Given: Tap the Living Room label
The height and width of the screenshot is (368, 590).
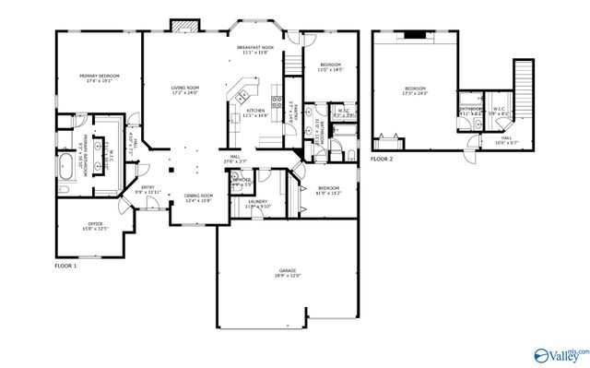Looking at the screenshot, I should (185, 89).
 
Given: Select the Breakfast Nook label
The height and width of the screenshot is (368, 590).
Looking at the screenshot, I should (254, 48).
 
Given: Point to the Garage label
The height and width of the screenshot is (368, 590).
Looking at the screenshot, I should (287, 271).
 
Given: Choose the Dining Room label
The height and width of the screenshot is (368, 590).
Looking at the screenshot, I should (199, 196).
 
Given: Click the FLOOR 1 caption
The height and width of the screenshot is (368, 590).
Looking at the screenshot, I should (66, 265).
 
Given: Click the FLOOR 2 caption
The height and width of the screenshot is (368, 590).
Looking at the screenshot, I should (382, 159).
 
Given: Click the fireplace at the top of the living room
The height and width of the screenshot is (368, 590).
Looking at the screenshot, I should (183, 26).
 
